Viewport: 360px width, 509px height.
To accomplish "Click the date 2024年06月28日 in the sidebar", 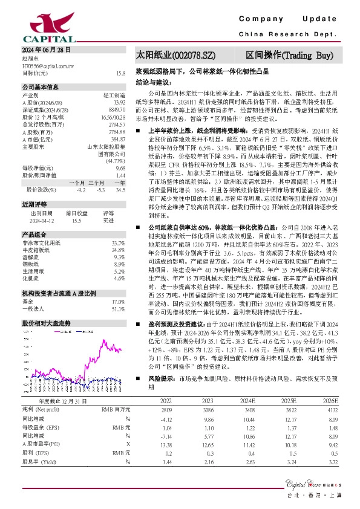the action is (46, 50).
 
